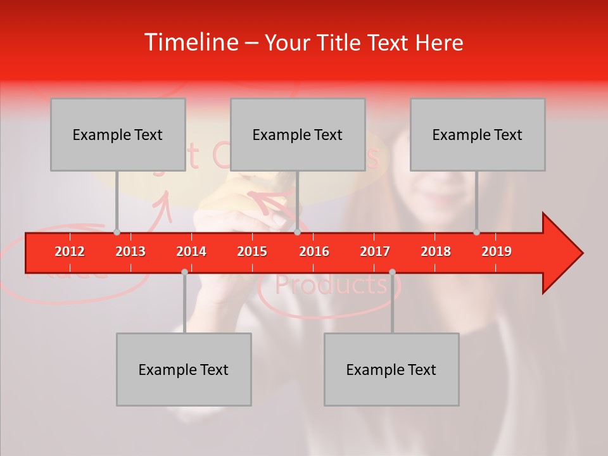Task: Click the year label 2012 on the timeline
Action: click(x=70, y=251)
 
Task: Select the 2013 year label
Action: click(x=130, y=251)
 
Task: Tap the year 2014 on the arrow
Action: click(x=191, y=251)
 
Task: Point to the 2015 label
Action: click(x=252, y=251)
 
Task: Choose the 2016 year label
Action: click(x=314, y=251)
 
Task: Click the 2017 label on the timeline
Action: click(x=375, y=251)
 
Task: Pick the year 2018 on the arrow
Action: click(x=436, y=251)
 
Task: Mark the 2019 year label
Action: click(x=497, y=251)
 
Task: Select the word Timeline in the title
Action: click(x=191, y=42)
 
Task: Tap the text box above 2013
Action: click(x=118, y=134)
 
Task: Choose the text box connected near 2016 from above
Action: click(x=298, y=134)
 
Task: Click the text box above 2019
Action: click(x=478, y=134)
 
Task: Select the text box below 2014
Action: click(x=184, y=369)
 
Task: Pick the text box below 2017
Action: click(x=391, y=369)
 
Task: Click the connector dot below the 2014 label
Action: click(x=184, y=272)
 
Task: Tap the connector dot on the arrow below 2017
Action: click(x=392, y=272)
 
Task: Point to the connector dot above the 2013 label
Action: click(x=117, y=232)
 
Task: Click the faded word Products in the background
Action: click(x=331, y=285)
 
